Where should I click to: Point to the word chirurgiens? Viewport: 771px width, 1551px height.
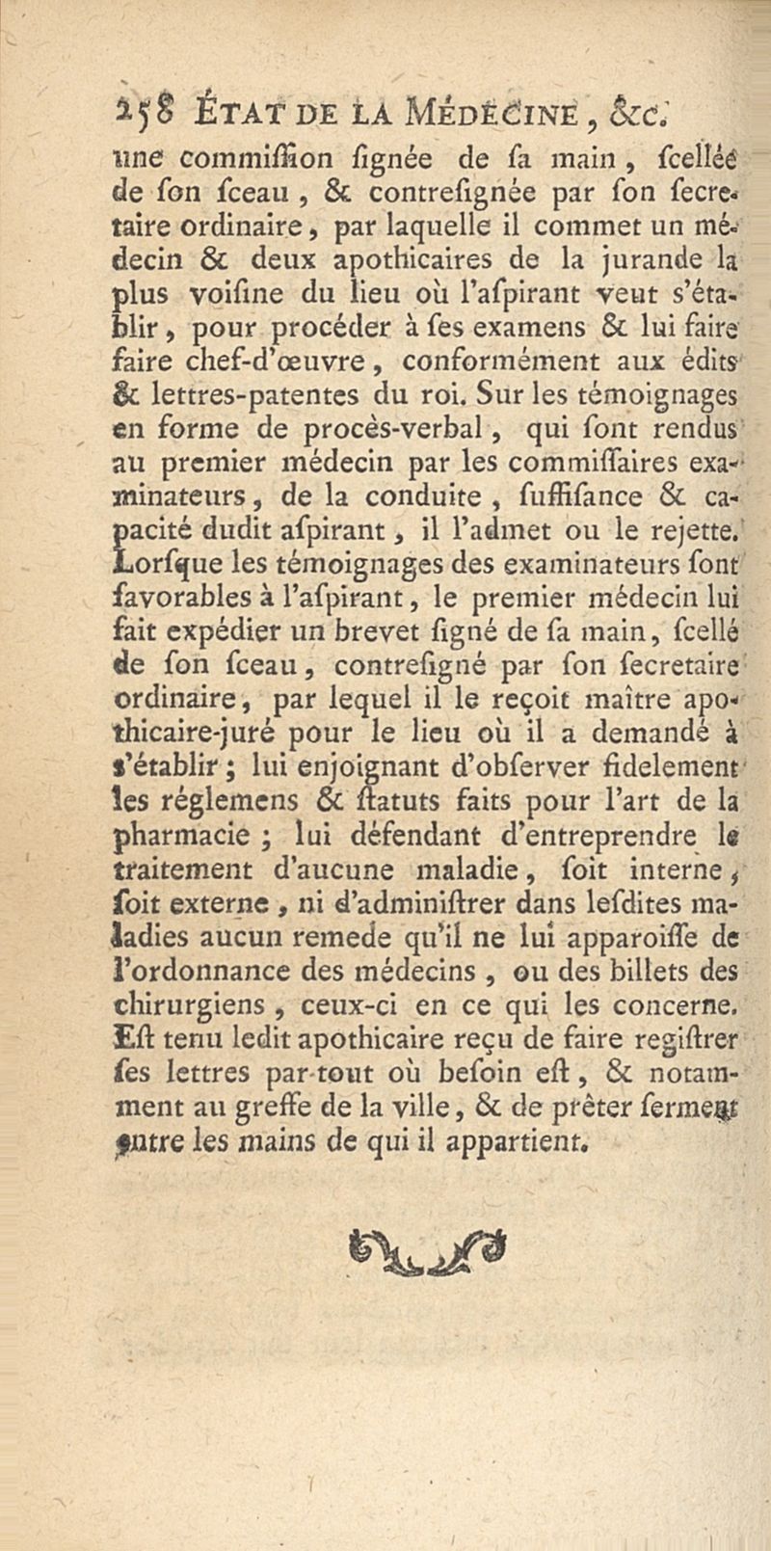click(x=190, y=1004)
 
